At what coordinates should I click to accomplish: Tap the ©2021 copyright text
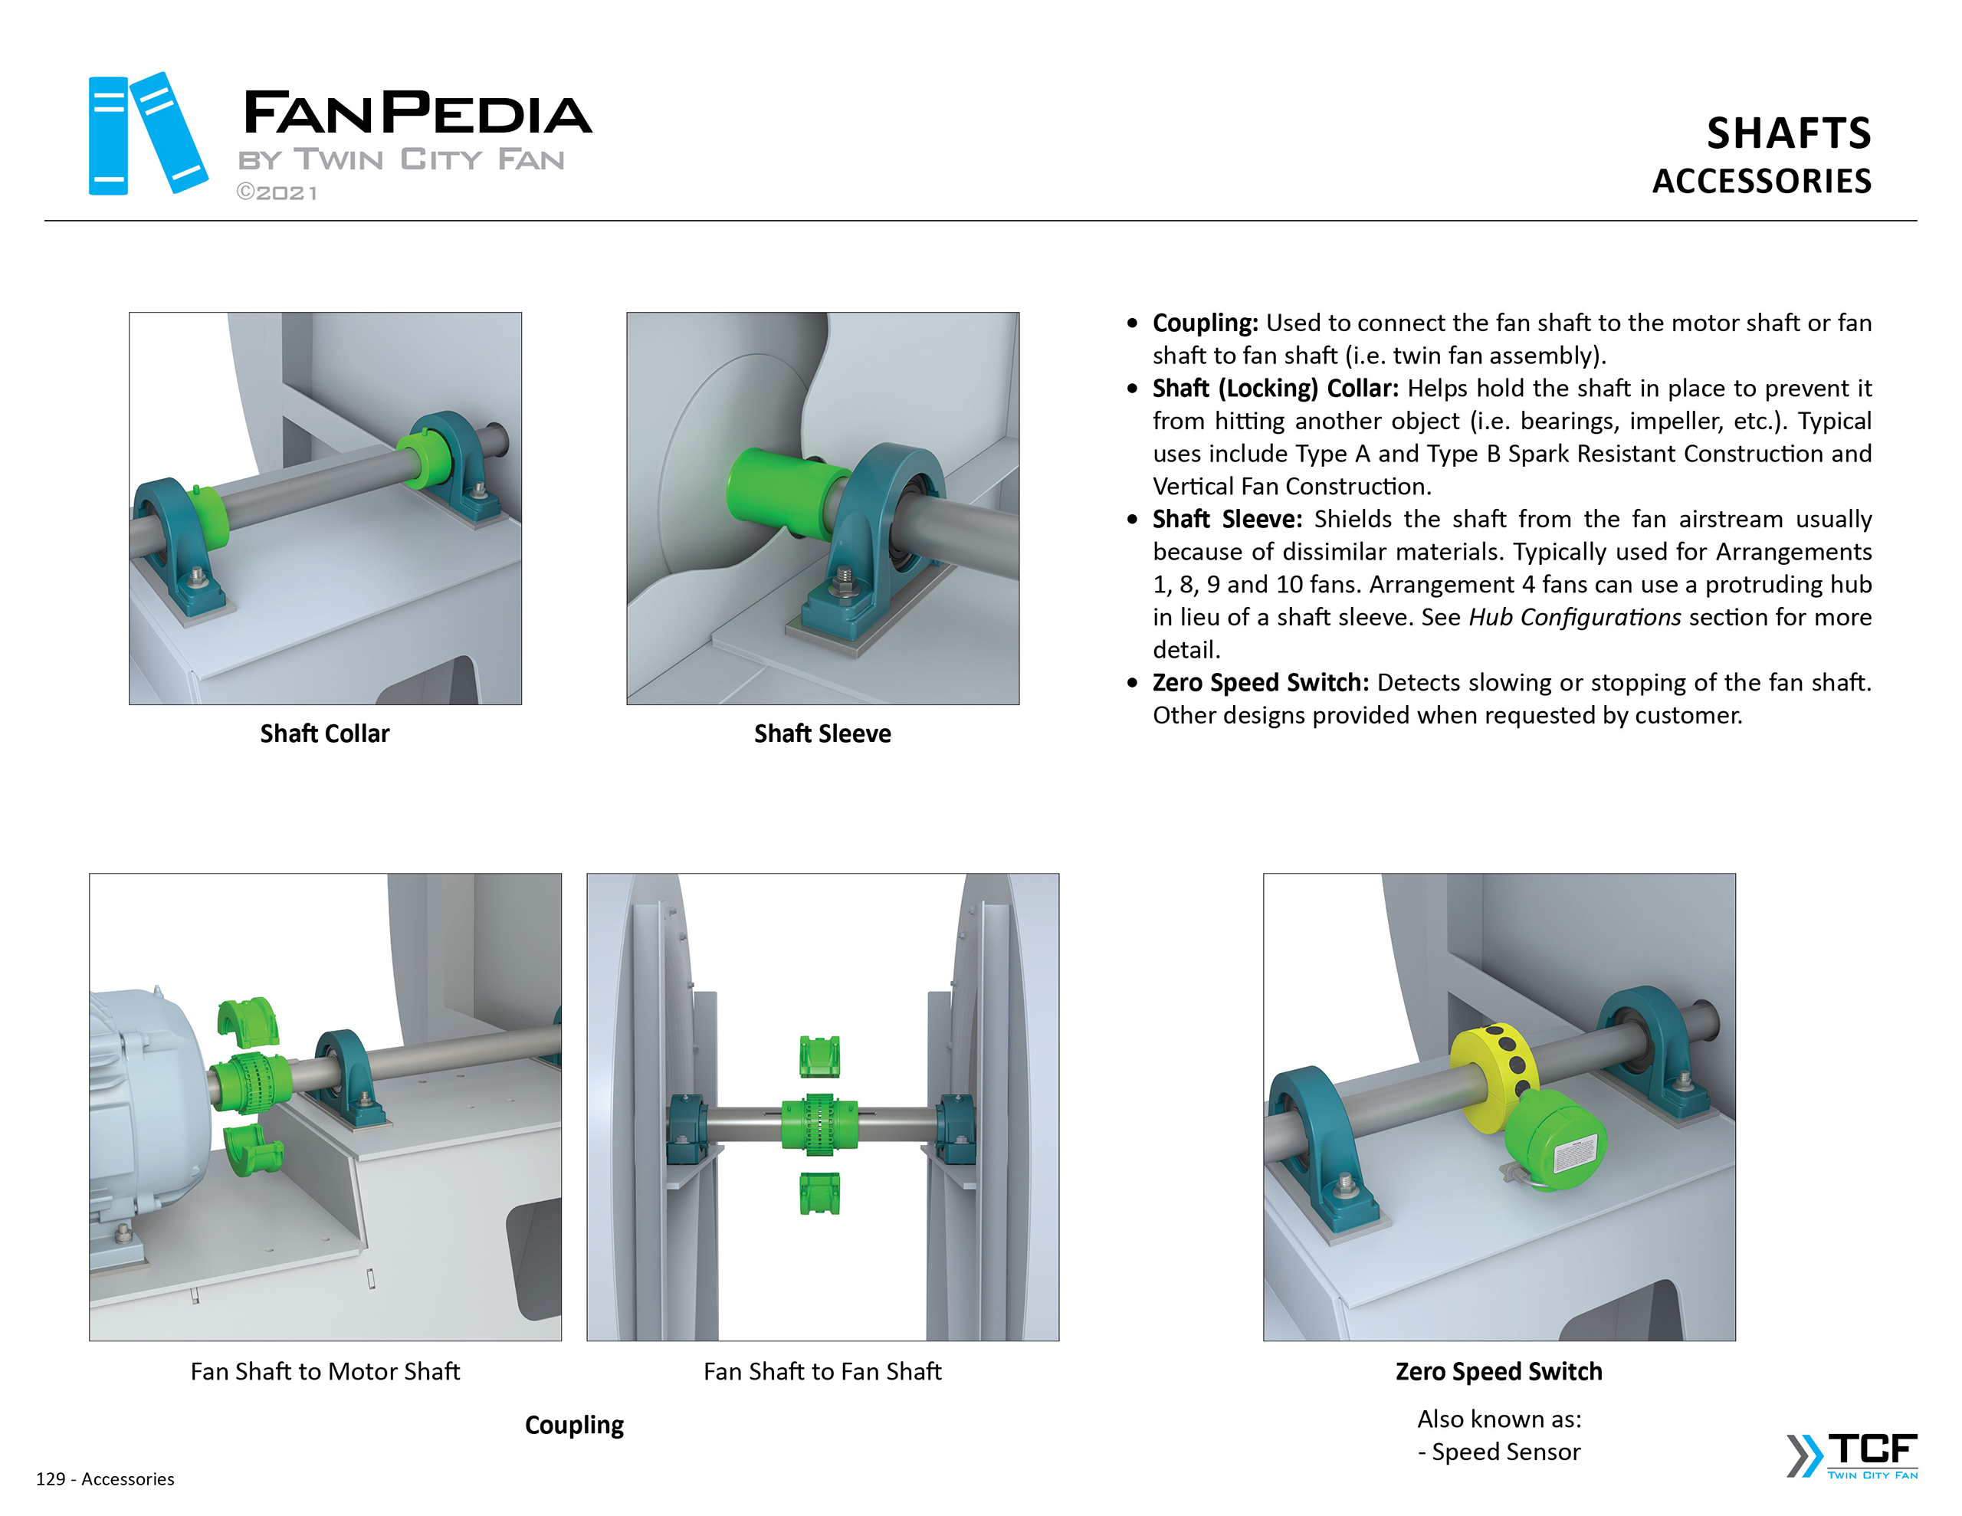[x=277, y=193]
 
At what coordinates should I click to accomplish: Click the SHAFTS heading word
[x=1788, y=134]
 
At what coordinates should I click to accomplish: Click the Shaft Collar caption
[x=324, y=734]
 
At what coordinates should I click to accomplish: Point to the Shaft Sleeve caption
[x=822, y=734]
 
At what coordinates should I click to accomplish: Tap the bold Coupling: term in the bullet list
[x=1205, y=323]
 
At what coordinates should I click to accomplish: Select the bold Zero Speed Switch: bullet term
[x=1259, y=683]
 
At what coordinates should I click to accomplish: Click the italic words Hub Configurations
[x=1574, y=618]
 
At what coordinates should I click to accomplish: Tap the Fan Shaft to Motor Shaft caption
[x=325, y=1371]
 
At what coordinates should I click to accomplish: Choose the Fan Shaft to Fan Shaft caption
[x=822, y=1371]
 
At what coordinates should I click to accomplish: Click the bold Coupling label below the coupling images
[x=574, y=1426]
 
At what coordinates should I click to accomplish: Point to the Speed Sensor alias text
[x=1506, y=1452]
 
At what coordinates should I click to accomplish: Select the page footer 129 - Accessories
[x=105, y=1479]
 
